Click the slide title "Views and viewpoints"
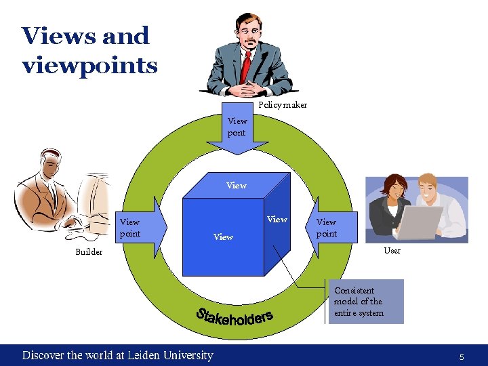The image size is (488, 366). (89, 50)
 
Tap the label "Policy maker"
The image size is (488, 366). (283, 105)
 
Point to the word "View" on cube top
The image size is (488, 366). (237, 185)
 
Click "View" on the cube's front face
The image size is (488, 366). (223, 237)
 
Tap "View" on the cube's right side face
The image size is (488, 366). (277, 219)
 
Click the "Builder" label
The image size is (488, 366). (89, 252)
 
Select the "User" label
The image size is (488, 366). (392, 250)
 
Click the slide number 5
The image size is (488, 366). (462, 357)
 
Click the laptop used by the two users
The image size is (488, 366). (419, 222)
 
